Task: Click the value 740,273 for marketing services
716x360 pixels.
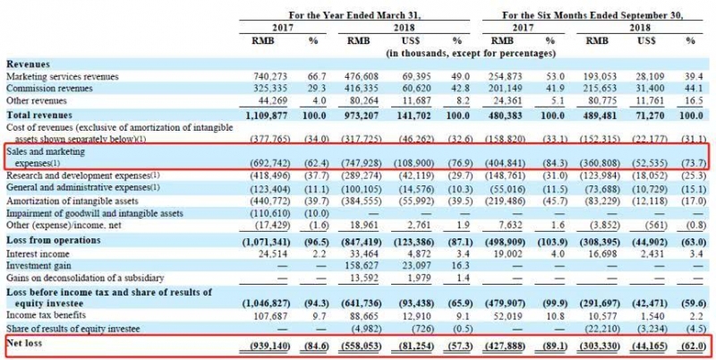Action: [x=276, y=77]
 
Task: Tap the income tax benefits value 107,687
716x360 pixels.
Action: [x=276, y=316]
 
